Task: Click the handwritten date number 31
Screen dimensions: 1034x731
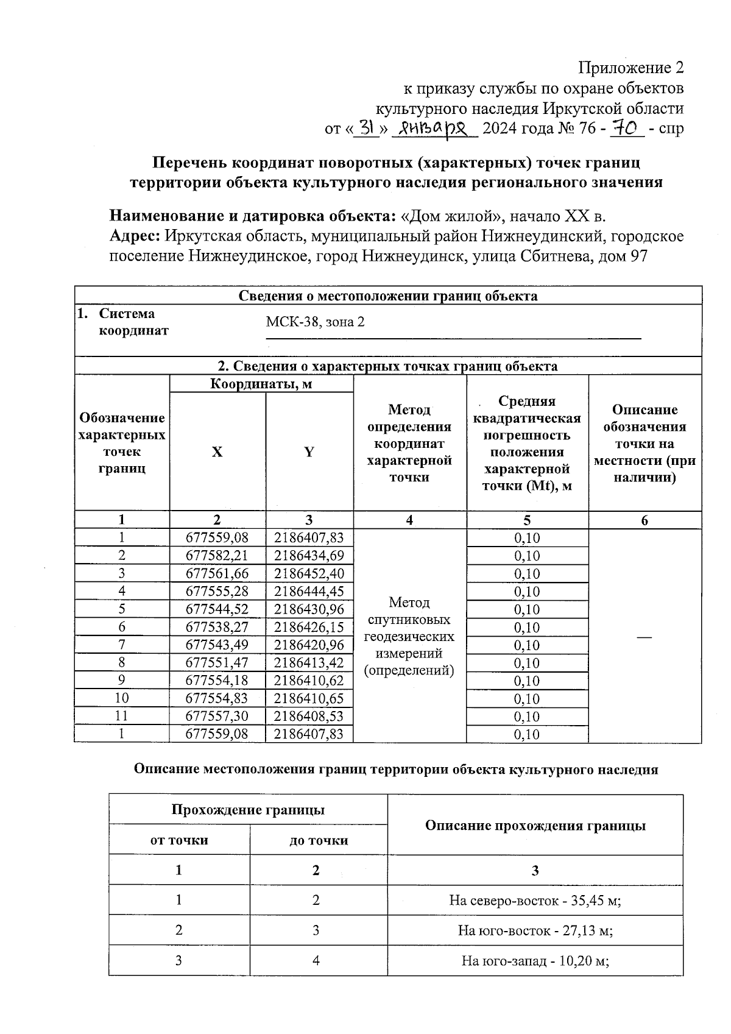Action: click(366, 128)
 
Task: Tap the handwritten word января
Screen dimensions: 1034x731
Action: click(435, 128)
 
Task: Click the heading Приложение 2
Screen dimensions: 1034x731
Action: click(630, 68)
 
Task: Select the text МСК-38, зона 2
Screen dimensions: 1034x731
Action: click(315, 322)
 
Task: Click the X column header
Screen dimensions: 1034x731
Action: click(217, 451)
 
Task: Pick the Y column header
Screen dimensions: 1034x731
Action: click(309, 451)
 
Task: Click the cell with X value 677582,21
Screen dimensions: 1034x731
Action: click(217, 556)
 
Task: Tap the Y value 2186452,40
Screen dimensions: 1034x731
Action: click(309, 573)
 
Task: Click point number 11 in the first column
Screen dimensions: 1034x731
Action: click(122, 716)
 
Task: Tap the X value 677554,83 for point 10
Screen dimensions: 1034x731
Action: click(217, 698)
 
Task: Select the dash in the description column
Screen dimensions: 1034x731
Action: click(644, 637)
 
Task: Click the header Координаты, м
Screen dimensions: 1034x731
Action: click(261, 384)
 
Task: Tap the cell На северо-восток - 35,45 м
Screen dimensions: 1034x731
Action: click(535, 900)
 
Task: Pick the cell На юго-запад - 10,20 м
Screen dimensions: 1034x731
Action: click(535, 961)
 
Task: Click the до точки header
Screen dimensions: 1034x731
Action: click(318, 840)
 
